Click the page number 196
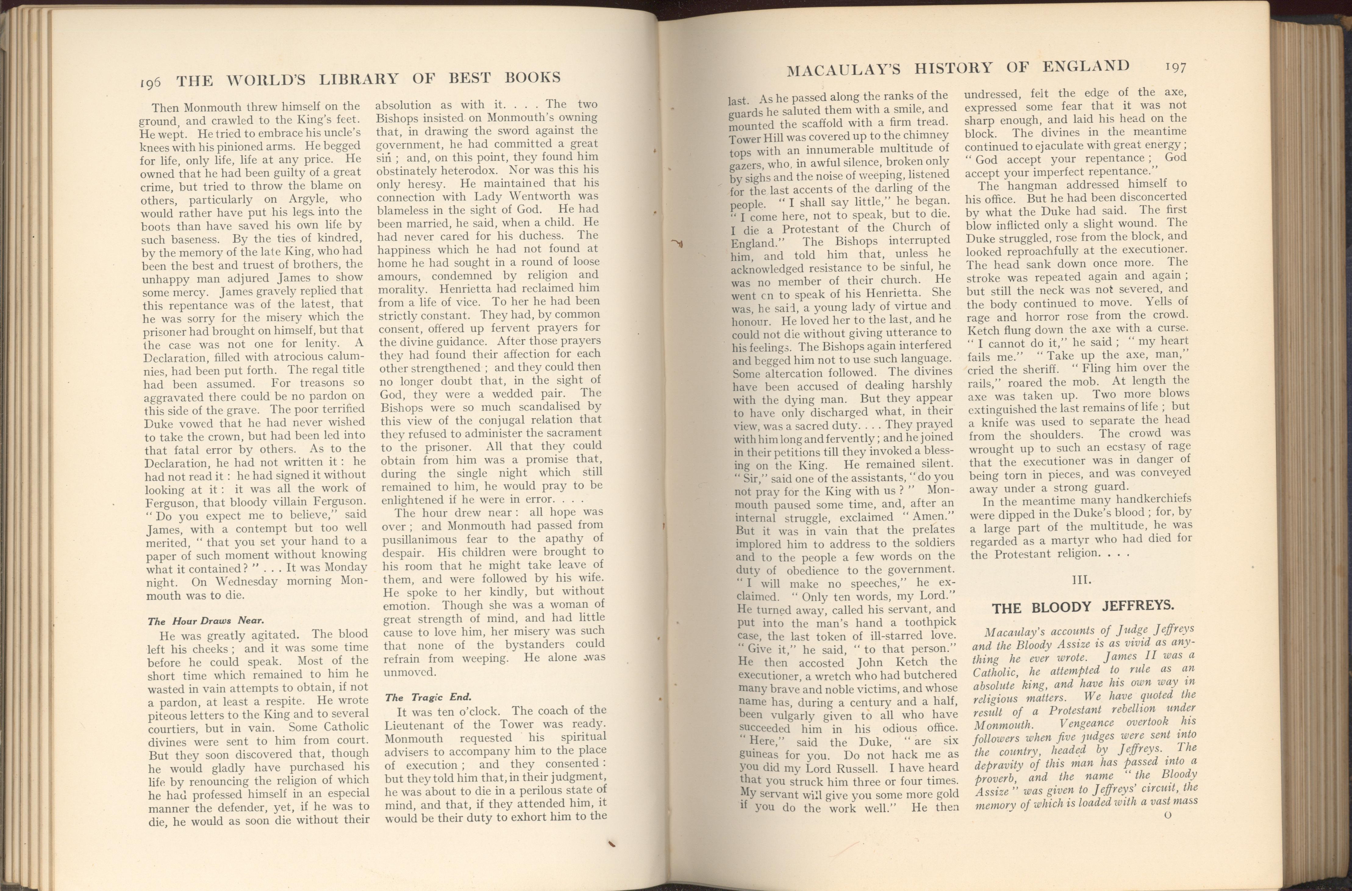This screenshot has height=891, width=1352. click(151, 82)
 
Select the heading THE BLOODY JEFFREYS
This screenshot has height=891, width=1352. click(1082, 606)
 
